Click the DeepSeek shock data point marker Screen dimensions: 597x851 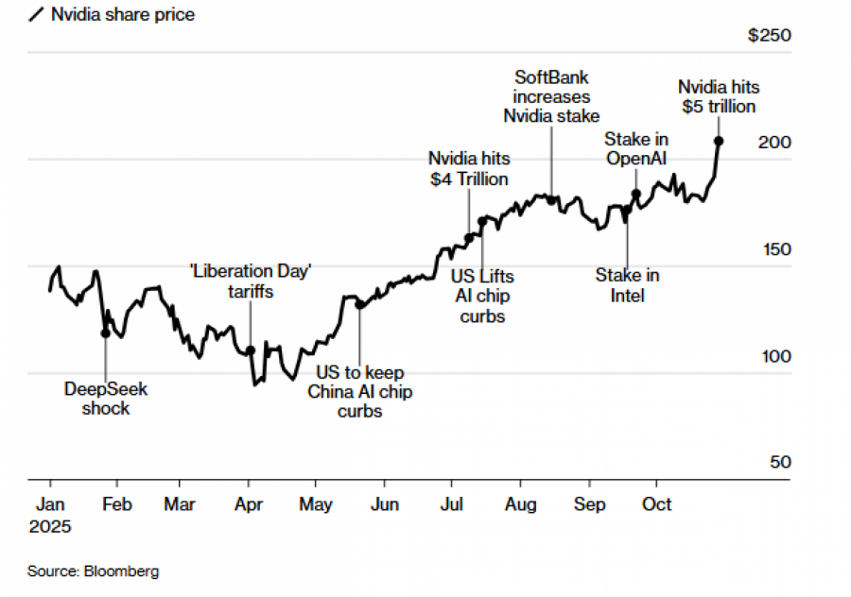(105, 333)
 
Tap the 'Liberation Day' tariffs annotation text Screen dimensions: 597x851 (251, 281)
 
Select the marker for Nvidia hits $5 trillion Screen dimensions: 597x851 (719, 141)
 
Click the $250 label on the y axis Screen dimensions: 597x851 (769, 36)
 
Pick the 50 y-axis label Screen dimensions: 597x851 (780, 463)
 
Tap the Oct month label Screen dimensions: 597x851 (656, 504)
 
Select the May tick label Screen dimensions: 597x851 (317, 504)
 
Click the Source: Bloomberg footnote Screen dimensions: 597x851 (93, 571)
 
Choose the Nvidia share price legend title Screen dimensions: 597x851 (123, 14)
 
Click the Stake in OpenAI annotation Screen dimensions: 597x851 (636, 149)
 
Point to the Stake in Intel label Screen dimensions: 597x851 (627, 285)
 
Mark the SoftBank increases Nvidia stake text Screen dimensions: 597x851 (551, 95)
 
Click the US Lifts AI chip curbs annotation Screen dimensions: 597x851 (482, 296)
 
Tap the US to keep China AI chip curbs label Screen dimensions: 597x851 (359, 391)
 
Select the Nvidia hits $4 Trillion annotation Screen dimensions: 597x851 (468, 168)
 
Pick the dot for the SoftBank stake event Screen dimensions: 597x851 (551, 199)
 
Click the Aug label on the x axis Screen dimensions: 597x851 (520, 504)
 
